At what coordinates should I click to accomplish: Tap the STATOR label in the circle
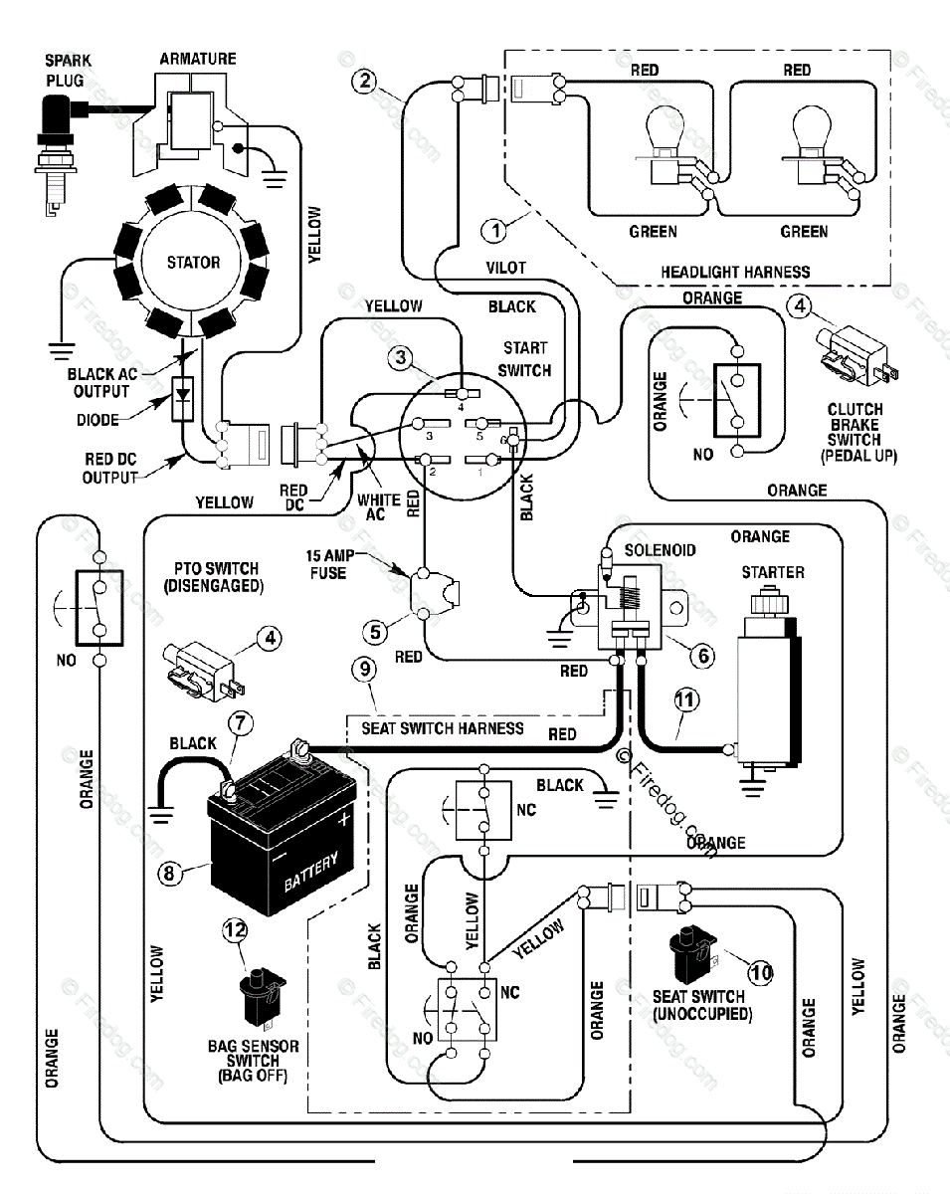point(193,263)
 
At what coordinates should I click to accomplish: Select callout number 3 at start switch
point(401,359)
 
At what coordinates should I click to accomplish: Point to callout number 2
point(368,81)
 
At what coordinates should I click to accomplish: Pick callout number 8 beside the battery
point(170,873)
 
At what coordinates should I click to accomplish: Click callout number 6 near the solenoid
point(701,655)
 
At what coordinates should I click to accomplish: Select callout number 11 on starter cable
point(683,700)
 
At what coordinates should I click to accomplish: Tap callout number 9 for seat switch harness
point(366,670)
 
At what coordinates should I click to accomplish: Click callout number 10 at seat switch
point(760,972)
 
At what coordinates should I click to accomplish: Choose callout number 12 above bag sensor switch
point(235,930)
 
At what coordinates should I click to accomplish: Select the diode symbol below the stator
point(183,398)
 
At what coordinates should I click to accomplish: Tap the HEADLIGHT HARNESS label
point(735,272)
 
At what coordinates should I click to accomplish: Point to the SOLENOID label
point(660,550)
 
